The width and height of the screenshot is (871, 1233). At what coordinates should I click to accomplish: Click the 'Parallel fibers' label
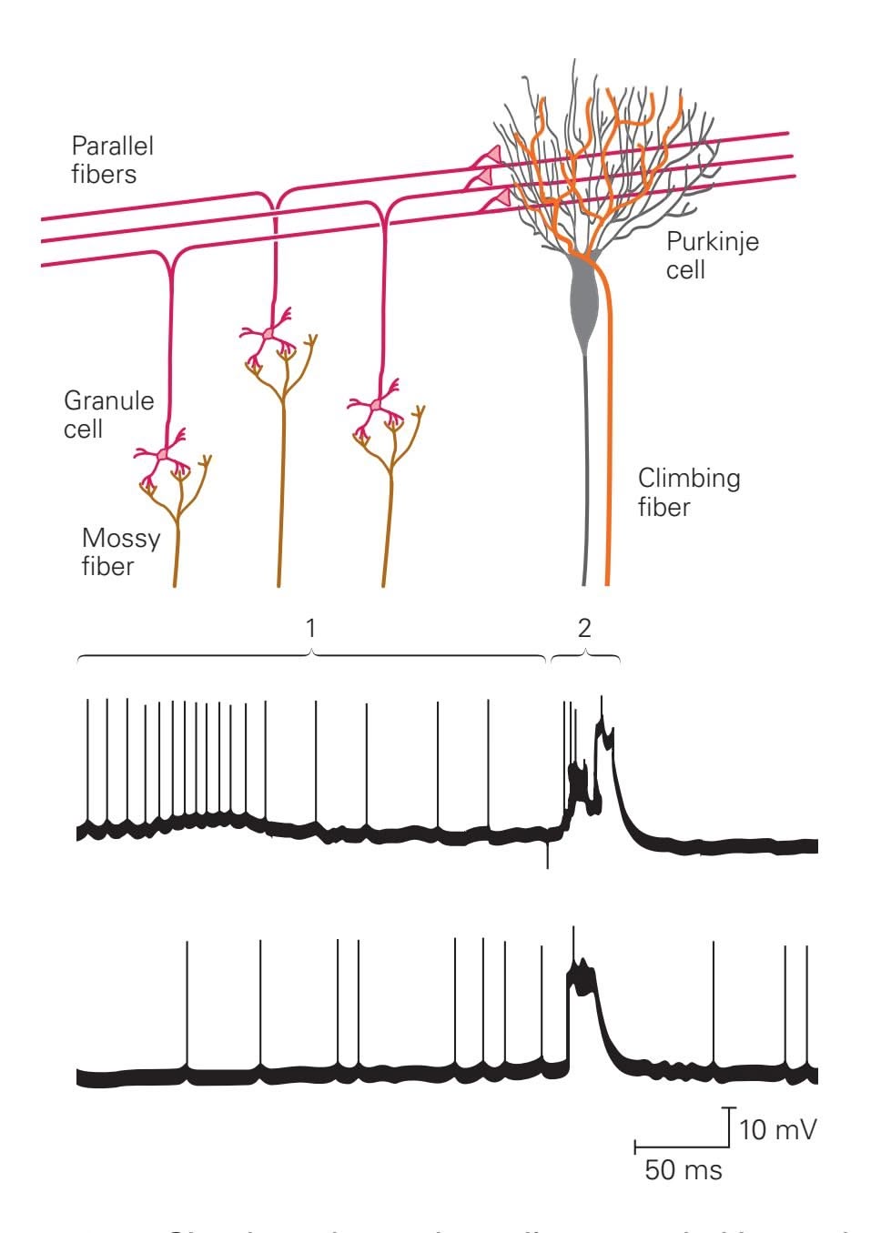pyautogui.click(x=112, y=159)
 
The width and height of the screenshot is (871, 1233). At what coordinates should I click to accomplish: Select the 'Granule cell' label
pyautogui.click(x=108, y=414)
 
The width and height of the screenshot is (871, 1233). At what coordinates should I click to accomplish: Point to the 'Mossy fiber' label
pyautogui.click(x=120, y=551)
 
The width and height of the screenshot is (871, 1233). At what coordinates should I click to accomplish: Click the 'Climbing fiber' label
pyautogui.click(x=688, y=492)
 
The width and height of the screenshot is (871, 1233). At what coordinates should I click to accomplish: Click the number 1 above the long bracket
pyautogui.click(x=311, y=627)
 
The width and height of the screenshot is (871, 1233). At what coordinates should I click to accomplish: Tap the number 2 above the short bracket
pyautogui.click(x=584, y=627)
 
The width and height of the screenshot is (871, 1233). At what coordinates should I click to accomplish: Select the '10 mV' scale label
pyautogui.click(x=777, y=1130)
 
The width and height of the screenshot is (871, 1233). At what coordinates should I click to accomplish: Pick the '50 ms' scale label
pyautogui.click(x=684, y=1169)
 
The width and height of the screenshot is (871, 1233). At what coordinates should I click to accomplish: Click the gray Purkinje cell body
pyautogui.click(x=583, y=300)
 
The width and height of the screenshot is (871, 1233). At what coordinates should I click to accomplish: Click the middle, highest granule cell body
pyautogui.click(x=268, y=336)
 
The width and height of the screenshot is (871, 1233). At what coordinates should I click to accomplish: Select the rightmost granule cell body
pyautogui.click(x=376, y=405)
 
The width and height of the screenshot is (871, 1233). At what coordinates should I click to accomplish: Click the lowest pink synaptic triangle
pyautogui.click(x=500, y=199)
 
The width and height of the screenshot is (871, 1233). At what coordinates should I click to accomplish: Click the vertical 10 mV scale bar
pyautogui.click(x=731, y=1125)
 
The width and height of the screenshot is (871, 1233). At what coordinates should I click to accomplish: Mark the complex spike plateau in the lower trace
pyautogui.click(x=582, y=978)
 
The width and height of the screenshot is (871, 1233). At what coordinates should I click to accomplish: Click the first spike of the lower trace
pyautogui.click(x=187, y=1001)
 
